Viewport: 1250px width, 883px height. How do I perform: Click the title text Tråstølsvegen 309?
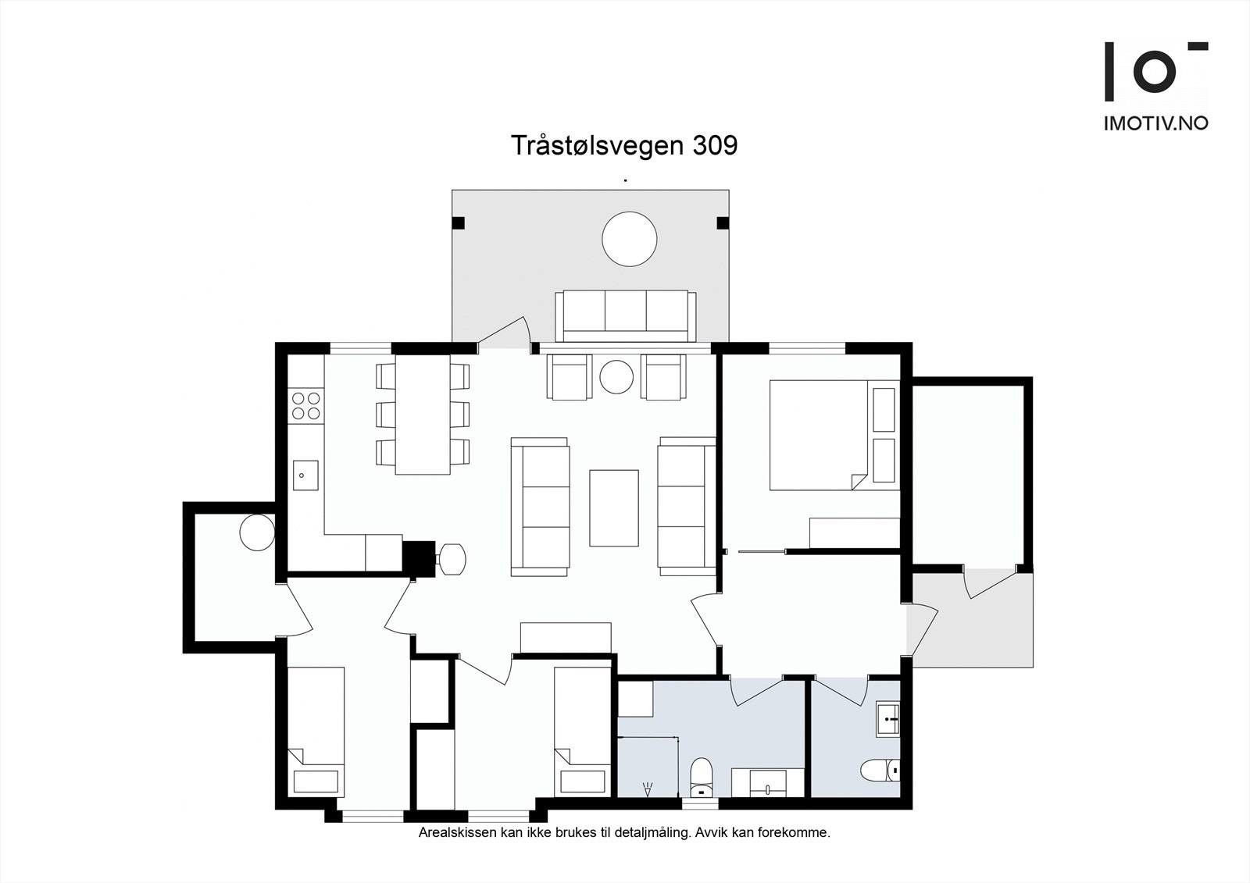623,145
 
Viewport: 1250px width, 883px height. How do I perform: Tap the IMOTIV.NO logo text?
1155,123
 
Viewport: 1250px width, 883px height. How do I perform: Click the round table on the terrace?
629,239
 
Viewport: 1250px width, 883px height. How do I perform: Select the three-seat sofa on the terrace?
626,315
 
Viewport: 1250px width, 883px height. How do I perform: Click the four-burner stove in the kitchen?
305,406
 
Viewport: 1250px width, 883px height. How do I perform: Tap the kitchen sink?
305,475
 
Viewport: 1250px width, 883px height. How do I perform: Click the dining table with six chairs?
423,415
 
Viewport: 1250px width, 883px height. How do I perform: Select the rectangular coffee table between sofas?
614,507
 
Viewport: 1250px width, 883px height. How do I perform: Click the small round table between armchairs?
616,376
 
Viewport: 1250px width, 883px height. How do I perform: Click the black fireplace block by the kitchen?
419,557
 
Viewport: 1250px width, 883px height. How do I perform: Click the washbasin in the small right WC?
888,719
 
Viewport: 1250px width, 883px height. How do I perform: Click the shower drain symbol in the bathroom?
647,789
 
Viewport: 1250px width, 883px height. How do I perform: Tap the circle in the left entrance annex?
256,533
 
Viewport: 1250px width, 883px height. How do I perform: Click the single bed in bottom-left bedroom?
316,731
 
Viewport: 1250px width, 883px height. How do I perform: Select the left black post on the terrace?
459,223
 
